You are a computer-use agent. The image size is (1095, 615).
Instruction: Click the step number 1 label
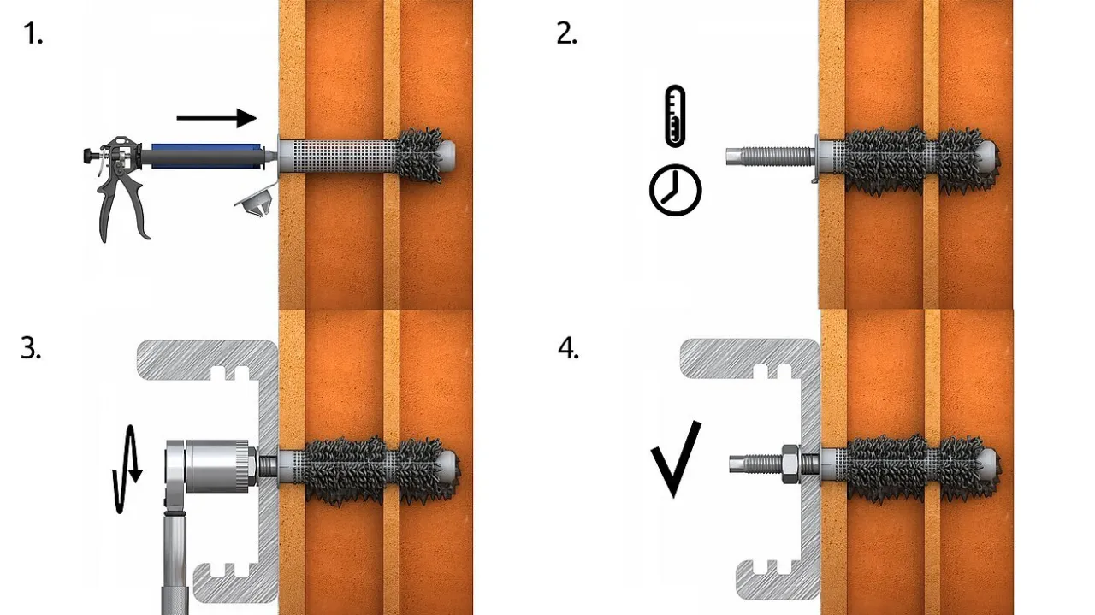click(33, 34)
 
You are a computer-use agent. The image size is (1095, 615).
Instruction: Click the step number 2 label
click(566, 34)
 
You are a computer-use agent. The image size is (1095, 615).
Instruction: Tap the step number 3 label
click(31, 348)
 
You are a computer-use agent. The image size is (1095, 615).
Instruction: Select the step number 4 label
click(568, 348)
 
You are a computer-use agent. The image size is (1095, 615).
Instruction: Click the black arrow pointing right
click(216, 118)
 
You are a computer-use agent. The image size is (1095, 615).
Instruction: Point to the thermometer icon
click(675, 115)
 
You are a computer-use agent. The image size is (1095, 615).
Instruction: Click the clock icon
click(675, 190)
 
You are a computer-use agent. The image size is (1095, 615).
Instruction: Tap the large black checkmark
click(676, 459)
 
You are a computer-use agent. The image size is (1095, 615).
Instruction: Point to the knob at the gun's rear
click(88, 156)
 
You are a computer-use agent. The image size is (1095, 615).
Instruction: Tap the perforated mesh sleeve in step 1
click(342, 156)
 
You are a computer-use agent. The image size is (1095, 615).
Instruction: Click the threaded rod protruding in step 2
click(771, 157)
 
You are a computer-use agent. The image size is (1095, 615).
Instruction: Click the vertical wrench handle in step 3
click(175, 562)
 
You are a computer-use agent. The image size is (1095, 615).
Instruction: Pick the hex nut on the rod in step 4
click(790, 464)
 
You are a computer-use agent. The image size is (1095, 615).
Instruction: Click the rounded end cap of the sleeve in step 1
click(447, 153)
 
